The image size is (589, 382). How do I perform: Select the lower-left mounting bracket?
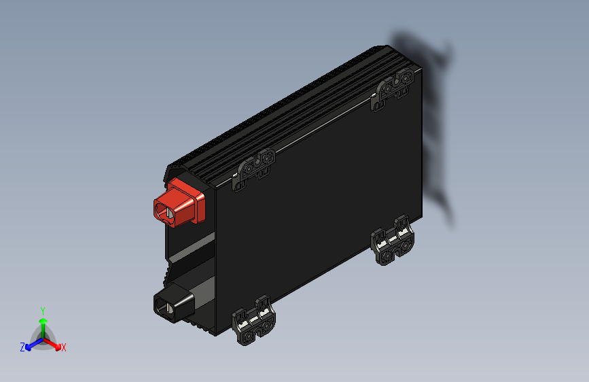[x=255, y=320]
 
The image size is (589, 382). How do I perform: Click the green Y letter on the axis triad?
[x=43, y=310]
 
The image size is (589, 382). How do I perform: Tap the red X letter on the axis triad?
[x=63, y=348]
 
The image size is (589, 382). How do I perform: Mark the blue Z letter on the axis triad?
[x=22, y=347]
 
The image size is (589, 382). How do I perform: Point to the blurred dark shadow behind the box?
[x=438, y=129]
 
